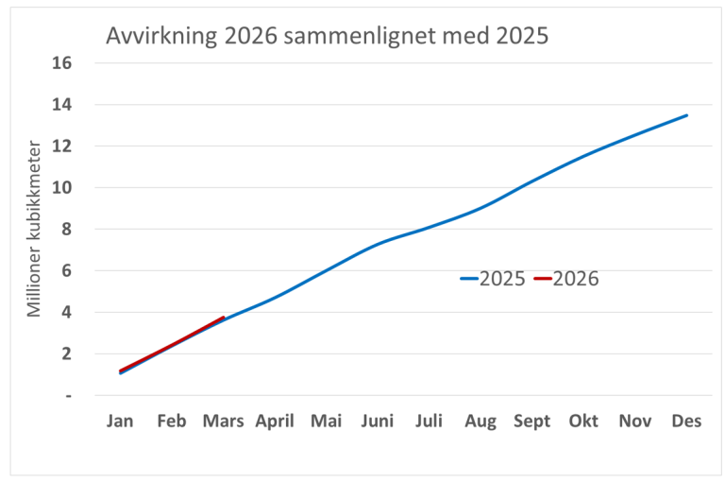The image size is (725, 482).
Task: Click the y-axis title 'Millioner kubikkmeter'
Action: pos(33,229)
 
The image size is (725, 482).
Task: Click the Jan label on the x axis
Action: pos(120,422)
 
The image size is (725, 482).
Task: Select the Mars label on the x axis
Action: pos(223,422)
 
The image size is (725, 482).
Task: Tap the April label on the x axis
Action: pos(275,422)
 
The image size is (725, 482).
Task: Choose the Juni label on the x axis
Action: pos(378,422)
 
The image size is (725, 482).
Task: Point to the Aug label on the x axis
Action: pos(481,422)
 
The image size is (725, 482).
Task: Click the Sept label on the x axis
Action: pos(531,422)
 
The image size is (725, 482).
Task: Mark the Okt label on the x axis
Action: pos(583,422)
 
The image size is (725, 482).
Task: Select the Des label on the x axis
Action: pos(686,422)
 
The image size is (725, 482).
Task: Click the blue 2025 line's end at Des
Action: pos(686,115)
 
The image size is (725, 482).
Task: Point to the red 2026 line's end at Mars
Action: pos(223,318)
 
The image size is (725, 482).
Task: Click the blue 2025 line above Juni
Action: pos(378,245)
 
